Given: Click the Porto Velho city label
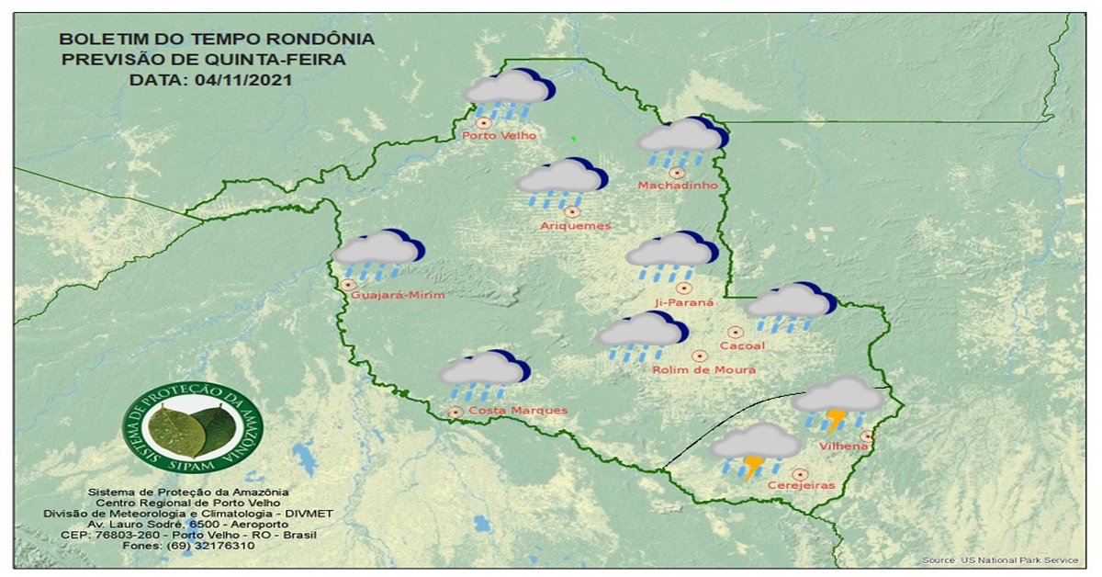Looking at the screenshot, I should [499, 136].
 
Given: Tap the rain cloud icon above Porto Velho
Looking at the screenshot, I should [507, 93].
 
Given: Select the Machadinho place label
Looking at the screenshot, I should [677, 186].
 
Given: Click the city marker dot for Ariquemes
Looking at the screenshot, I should [572, 212].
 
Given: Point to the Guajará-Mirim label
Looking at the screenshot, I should [398, 295].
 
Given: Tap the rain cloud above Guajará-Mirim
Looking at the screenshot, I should [377, 254].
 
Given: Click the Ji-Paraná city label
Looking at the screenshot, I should [683, 301].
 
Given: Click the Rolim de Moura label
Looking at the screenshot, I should [703, 370].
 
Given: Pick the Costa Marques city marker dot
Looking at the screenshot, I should [455, 413].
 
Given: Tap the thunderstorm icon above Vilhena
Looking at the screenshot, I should [837, 403].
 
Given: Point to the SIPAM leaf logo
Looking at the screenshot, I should [192, 429].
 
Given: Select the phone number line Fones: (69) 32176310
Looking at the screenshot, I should [188, 546].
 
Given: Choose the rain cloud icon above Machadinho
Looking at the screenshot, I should [680, 141].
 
